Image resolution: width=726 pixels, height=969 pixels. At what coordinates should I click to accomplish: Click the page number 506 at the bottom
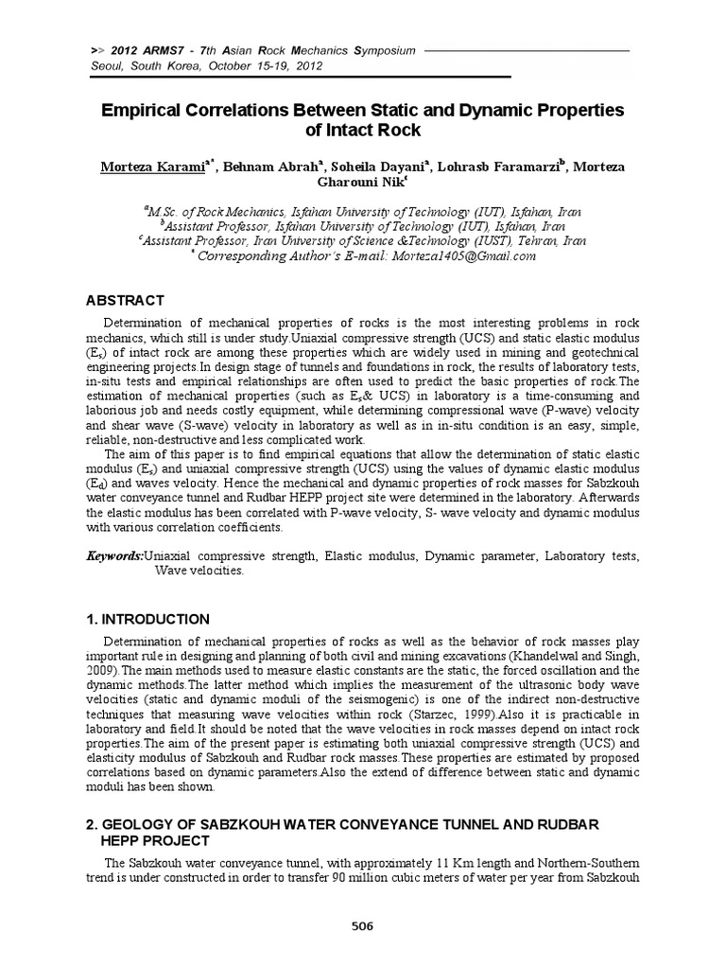coord(363,925)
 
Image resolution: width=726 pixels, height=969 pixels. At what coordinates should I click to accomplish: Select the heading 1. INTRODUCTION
coord(148,619)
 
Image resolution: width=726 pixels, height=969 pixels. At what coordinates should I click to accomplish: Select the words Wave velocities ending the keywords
coord(185,571)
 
